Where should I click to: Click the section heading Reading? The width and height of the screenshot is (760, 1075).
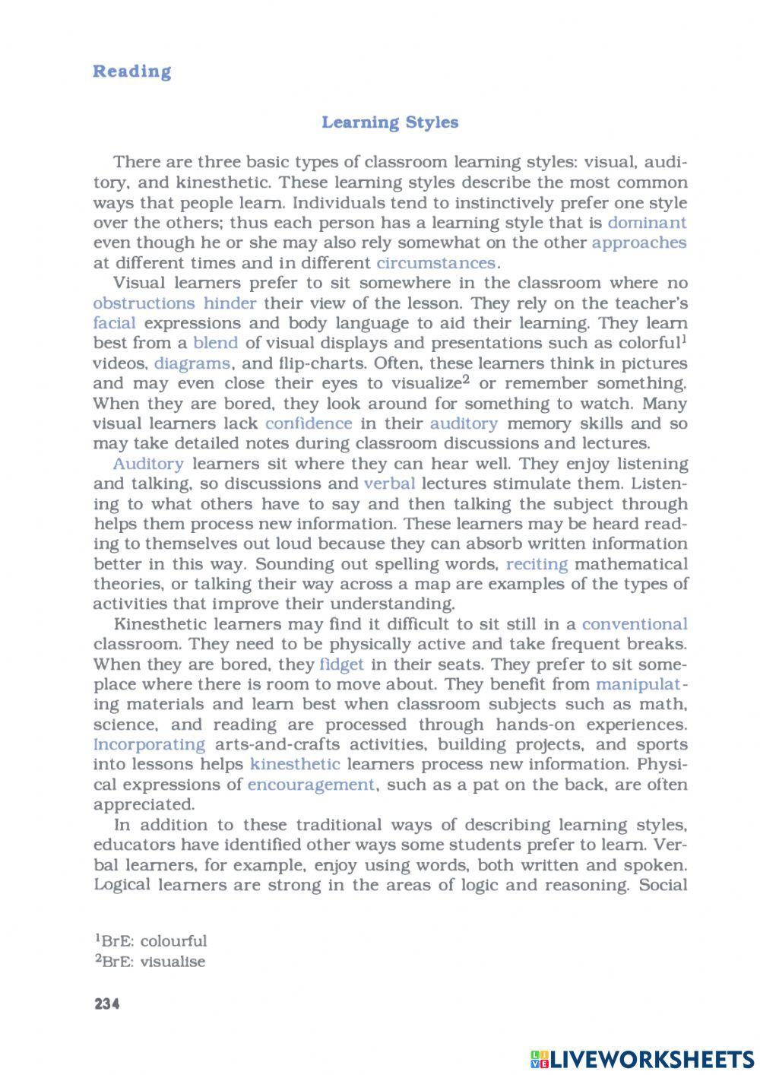[x=131, y=71]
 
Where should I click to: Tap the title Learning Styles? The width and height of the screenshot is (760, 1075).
[x=390, y=122]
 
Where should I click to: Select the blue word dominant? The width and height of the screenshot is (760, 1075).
[x=647, y=223]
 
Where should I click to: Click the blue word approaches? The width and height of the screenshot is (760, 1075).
[x=638, y=243]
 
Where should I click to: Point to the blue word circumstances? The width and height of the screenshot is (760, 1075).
[x=436, y=263]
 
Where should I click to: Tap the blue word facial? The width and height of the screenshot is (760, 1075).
[x=114, y=323]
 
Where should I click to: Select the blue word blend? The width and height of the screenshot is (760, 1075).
[x=216, y=343]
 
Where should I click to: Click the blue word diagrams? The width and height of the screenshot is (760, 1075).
[x=192, y=363]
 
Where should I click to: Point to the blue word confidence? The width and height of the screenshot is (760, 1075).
[x=309, y=423]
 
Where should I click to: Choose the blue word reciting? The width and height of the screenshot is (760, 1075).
[x=537, y=564]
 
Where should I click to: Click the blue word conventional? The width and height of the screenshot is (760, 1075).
[x=635, y=624]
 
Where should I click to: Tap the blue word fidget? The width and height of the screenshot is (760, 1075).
[x=342, y=664]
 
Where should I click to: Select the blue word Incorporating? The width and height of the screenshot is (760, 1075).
[x=149, y=744]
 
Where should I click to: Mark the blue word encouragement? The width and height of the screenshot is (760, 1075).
[x=312, y=785]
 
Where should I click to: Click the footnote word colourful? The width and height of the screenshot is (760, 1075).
[x=173, y=941]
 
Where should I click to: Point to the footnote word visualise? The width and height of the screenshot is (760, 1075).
[x=173, y=962]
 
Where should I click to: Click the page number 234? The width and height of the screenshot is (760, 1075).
[x=107, y=1004]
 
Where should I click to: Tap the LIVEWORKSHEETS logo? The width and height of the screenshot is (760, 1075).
[x=642, y=1059]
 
